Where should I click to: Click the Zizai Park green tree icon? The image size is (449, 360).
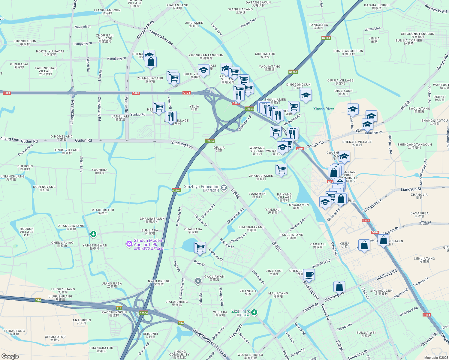click(x=254, y=313)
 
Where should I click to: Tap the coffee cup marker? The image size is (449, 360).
click(x=309, y=274)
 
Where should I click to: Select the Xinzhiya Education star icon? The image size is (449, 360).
click(x=224, y=188)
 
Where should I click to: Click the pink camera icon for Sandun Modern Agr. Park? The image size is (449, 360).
click(x=129, y=244)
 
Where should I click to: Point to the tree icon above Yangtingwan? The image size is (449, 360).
click(x=93, y=234)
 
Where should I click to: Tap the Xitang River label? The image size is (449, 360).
click(x=324, y=109)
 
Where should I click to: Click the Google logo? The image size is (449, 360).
click(x=10, y=356)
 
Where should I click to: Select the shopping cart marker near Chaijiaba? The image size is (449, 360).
click(x=200, y=247)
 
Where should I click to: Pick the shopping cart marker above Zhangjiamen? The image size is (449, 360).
click(x=281, y=169)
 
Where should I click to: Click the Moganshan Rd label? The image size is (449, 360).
click(x=161, y=38)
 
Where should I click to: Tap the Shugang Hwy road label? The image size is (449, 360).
click(x=146, y=29)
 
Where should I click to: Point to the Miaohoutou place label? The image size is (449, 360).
click(x=103, y=211)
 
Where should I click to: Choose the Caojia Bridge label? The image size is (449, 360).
click(x=377, y=7)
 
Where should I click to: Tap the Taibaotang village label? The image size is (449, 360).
click(x=14, y=332)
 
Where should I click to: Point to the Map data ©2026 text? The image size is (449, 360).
click(x=436, y=358)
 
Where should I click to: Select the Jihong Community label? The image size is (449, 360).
click(x=179, y=355)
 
